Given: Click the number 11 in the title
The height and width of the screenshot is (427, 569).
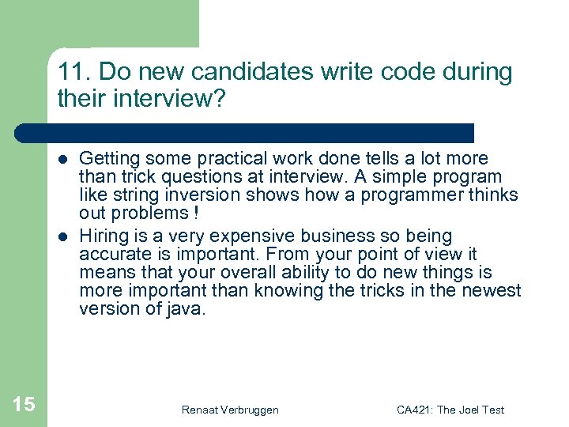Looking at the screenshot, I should point(68,73).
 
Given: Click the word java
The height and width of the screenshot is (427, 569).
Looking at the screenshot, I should point(188,309).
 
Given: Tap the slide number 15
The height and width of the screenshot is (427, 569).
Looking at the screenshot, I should point(24,405).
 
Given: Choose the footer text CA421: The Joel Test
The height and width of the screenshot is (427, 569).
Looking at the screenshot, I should point(450,410).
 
